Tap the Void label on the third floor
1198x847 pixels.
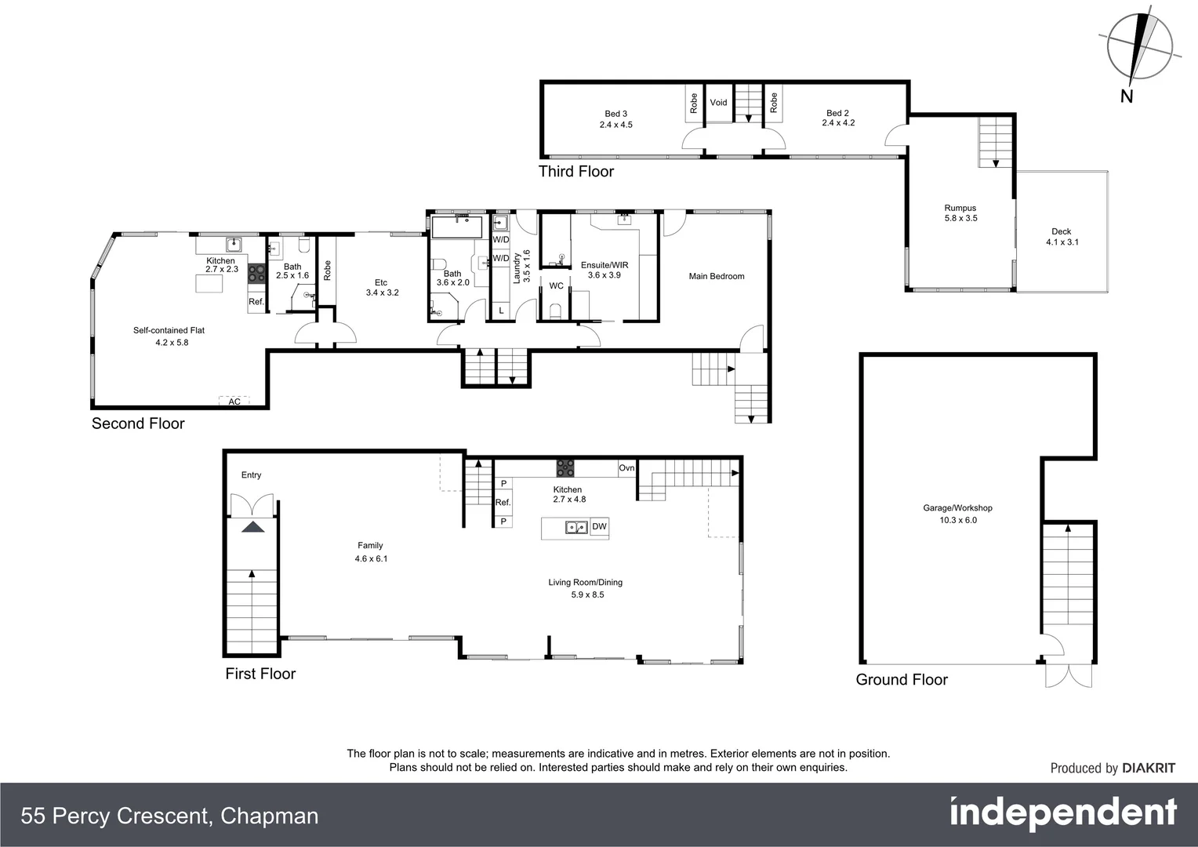tap(718, 103)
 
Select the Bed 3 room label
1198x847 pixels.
tap(615, 114)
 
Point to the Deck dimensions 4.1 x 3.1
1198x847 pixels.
tap(1062, 242)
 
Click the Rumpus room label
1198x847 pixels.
tap(960, 208)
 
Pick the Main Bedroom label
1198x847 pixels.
tap(716, 276)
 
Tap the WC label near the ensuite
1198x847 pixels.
tap(556, 285)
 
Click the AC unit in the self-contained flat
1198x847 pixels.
tap(234, 401)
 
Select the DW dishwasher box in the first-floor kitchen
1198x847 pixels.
tap(599, 526)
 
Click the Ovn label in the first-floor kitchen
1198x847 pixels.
tap(626, 468)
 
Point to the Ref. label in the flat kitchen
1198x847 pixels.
tap(256, 302)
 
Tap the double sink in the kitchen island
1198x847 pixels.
tap(576, 527)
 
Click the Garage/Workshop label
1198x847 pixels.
tap(957, 508)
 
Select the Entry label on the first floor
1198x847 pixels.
tap(251, 475)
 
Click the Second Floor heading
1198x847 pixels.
tap(138, 423)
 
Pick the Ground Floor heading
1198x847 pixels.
tap(902, 680)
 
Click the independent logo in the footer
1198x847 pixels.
tap(1062, 814)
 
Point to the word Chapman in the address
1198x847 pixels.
tap(269, 816)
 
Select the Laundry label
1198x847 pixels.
tap(517, 267)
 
